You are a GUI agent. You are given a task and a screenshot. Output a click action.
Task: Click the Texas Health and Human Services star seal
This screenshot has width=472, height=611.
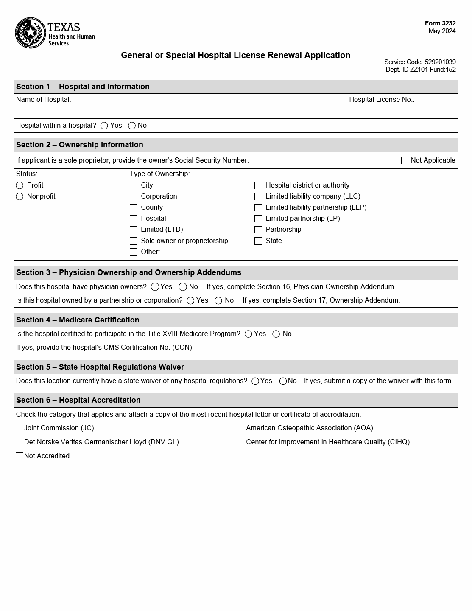click(31, 33)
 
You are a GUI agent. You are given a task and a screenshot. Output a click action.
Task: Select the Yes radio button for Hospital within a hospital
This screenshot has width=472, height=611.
click(104, 126)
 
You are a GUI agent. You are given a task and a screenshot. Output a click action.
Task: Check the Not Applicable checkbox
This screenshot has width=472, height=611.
click(405, 160)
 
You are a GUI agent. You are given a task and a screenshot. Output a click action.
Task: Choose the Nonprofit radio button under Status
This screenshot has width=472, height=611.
click(20, 196)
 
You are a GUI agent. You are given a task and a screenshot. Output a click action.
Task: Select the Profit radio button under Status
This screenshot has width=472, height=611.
click(20, 185)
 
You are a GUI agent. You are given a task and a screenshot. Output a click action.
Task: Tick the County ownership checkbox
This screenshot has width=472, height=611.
click(133, 207)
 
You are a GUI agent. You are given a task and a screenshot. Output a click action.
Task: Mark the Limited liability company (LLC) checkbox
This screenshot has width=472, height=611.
click(258, 196)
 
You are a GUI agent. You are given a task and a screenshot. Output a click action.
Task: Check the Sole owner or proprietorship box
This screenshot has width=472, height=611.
click(133, 241)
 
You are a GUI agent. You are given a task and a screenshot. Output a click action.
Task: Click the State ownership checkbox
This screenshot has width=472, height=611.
click(258, 241)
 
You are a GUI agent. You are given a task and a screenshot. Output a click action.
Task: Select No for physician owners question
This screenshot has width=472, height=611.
click(183, 287)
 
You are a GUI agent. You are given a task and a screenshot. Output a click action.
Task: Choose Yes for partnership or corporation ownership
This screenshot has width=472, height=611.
click(190, 300)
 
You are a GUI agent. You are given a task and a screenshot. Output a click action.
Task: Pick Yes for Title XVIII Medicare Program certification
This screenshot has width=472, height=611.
click(249, 334)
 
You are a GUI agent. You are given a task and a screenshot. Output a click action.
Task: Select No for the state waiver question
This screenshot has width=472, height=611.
click(283, 381)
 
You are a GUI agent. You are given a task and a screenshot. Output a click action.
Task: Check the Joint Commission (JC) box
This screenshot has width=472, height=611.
click(20, 428)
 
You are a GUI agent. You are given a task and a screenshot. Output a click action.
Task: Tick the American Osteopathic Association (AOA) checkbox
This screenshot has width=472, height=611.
click(241, 428)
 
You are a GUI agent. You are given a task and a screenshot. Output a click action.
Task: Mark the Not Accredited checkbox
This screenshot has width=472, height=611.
click(20, 456)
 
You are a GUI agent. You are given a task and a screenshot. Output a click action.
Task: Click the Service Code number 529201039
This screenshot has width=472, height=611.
click(440, 62)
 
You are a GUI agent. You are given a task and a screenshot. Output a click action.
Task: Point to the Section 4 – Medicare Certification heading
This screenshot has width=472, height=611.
click(78, 320)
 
